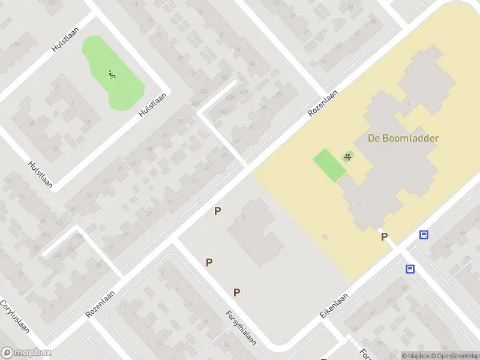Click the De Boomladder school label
click(x=403, y=138)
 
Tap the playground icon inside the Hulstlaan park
click(x=112, y=74)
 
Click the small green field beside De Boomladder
click(x=329, y=164)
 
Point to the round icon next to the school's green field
click(x=347, y=157)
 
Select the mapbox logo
click(x=26, y=353)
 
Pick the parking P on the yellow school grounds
click(x=384, y=237)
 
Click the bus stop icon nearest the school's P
click(x=424, y=235)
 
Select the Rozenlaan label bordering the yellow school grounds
click(x=323, y=103)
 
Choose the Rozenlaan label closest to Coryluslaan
click(x=100, y=305)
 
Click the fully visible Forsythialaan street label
click(x=241, y=327)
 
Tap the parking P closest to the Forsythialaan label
click(x=237, y=292)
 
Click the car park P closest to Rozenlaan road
click(x=218, y=211)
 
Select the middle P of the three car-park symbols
click(x=209, y=262)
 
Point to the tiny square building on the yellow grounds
click(x=325, y=237)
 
